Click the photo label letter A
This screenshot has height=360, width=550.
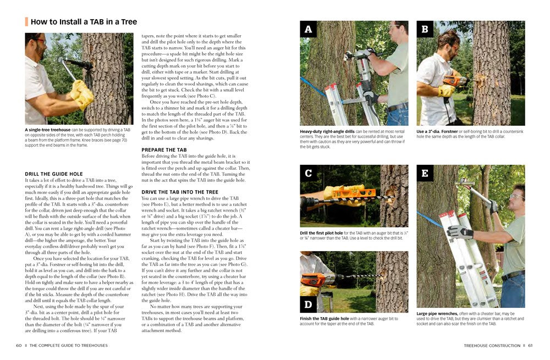308,29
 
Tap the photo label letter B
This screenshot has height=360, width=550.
425,29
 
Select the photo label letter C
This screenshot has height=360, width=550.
308,173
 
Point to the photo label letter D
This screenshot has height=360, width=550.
308,303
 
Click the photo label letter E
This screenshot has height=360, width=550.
425,173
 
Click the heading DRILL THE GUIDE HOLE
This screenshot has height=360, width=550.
54,174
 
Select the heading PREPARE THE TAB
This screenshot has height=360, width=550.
164,149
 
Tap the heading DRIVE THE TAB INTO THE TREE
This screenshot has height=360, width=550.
180,192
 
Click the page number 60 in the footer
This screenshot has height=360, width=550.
19,345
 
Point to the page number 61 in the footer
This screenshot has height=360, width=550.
530,345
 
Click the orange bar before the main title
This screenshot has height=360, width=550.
26,23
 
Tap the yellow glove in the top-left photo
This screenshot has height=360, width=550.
82,93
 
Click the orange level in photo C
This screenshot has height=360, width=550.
352,194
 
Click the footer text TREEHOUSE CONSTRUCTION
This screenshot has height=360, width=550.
492,345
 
